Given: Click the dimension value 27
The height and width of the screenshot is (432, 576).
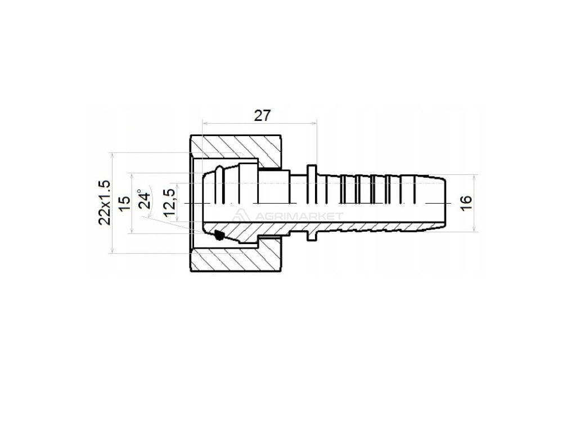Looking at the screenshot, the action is tap(262, 115).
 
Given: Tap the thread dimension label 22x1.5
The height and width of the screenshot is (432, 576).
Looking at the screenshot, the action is tap(104, 202).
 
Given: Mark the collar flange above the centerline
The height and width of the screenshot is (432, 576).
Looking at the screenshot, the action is tap(311, 170).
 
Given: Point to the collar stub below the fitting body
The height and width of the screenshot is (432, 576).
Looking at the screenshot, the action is tap(311, 235).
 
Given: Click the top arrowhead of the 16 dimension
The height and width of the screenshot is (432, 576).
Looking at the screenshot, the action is tap(476, 177).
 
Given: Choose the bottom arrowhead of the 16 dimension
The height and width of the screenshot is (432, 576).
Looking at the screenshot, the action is tap(476, 228).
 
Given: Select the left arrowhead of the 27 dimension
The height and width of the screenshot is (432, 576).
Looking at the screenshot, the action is tap(205, 123).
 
